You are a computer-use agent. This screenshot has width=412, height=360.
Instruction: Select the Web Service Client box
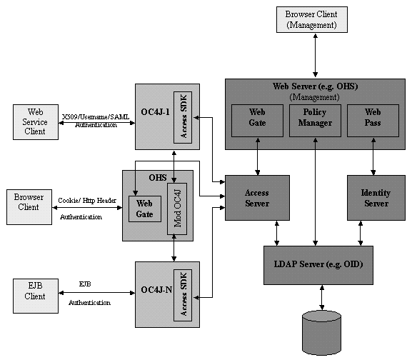[36, 121]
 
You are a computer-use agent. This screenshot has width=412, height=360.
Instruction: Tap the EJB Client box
[35, 295]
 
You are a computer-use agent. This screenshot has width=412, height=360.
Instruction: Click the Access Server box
[256, 198]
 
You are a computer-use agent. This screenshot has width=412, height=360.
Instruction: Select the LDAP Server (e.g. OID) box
[318, 265]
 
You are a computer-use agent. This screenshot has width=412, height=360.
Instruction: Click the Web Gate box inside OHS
[145, 209]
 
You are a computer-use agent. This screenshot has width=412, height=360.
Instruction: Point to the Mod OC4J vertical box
[176, 208]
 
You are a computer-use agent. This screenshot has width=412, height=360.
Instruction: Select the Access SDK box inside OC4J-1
[182, 116]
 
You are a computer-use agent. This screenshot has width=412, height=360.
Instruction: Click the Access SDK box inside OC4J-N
[183, 295]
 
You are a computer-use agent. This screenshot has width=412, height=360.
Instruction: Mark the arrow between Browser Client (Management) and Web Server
[315, 56]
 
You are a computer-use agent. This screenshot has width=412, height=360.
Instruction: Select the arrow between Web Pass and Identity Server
[373, 162]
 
